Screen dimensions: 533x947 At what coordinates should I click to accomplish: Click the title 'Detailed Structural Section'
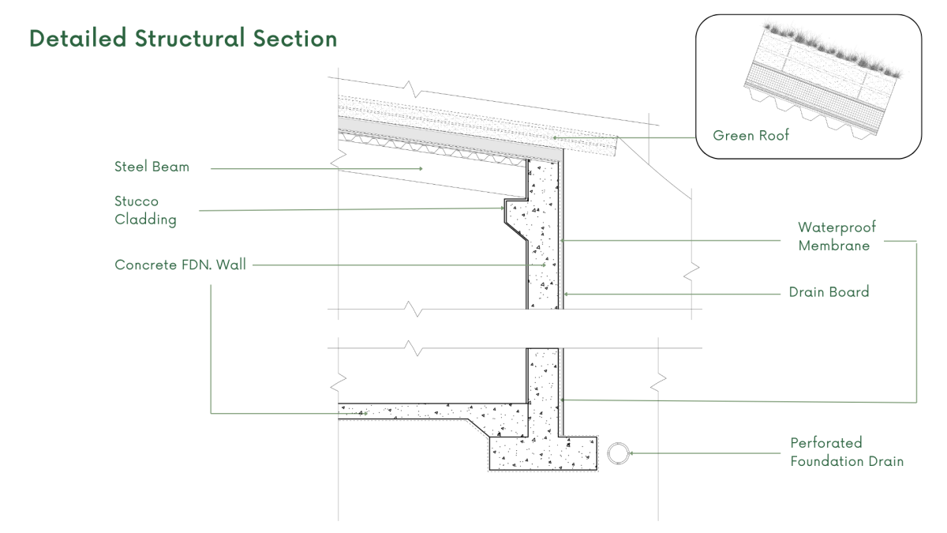coord(183,39)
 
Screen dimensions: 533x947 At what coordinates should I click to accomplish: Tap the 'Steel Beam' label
coord(152,167)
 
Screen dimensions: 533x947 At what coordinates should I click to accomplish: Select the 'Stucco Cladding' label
coord(145,211)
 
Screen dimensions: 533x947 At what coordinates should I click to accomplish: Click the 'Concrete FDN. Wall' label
coord(180,265)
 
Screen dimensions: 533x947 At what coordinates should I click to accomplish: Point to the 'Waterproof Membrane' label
coord(837,237)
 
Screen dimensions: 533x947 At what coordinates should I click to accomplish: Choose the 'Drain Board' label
coord(829,292)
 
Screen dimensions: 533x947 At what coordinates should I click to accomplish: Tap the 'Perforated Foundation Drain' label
coord(847,452)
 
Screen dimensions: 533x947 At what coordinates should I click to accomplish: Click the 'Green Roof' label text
coord(750,136)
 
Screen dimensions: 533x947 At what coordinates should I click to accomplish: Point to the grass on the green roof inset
coord(837,51)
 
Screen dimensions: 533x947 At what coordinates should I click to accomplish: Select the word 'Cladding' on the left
coord(145,220)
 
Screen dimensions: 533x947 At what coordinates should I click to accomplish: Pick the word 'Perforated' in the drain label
coord(826,443)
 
